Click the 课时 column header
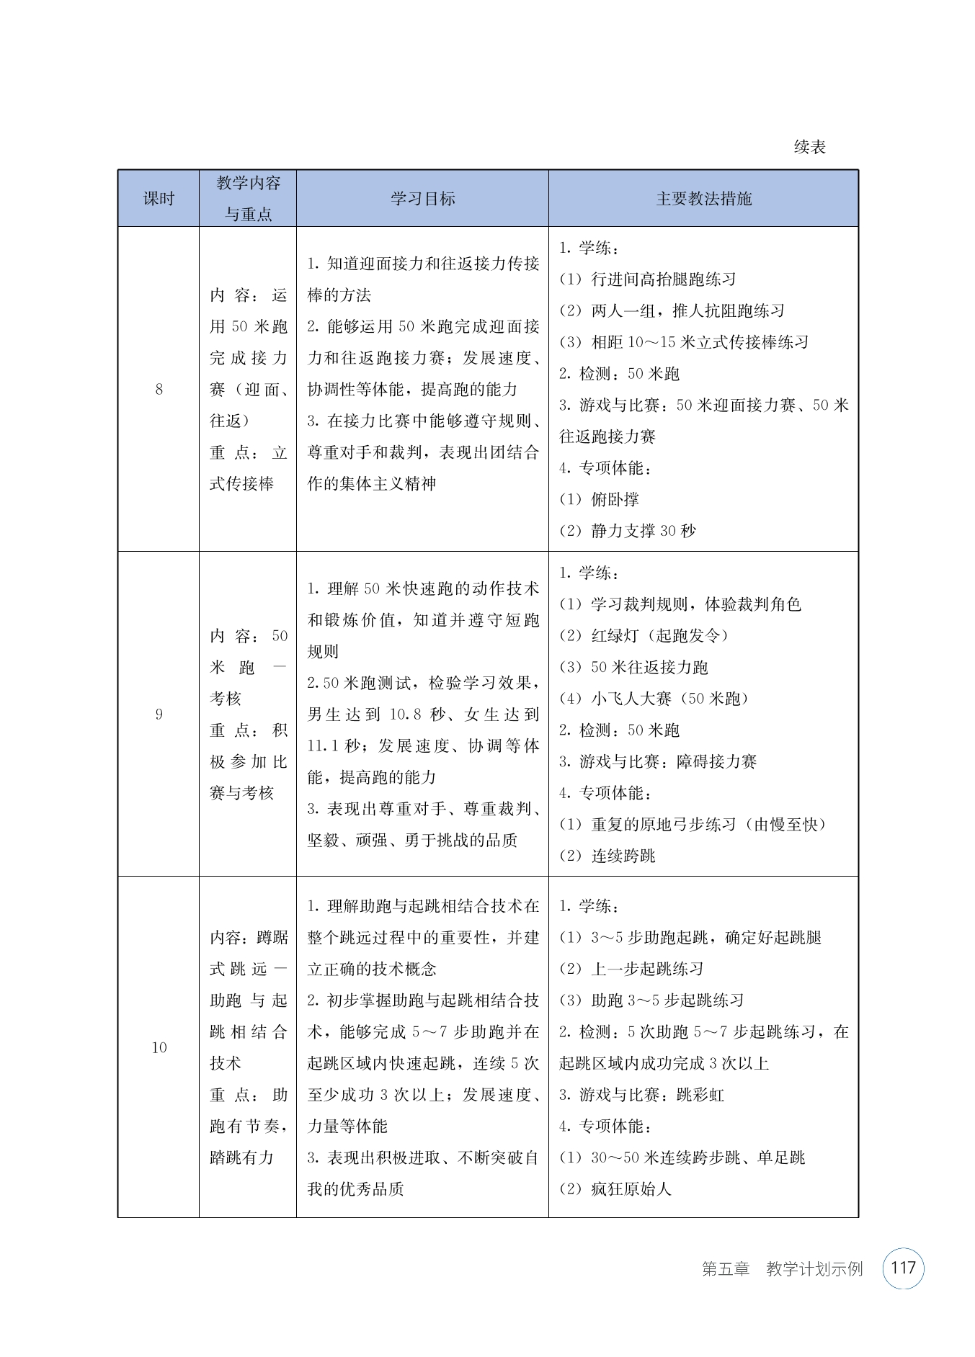pyautogui.click(x=159, y=199)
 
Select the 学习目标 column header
pyautogui.click(x=422, y=199)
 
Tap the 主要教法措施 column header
pyautogui.click(x=703, y=199)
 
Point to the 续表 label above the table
pyautogui.click(x=809, y=148)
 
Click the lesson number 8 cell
pyautogui.click(x=159, y=390)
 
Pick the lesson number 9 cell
pyautogui.click(x=159, y=715)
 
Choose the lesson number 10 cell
pyautogui.click(x=159, y=1047)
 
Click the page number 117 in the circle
pyautogui.click(x=903, y=1268)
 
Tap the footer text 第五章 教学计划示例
pyautogui.click(x=782, y=1269)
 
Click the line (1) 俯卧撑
pyautogui.click(x=600, y=499)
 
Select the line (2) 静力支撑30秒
pyautogui.click(x=628, y=531)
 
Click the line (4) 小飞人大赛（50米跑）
pyautogui.click(x=654, y=698)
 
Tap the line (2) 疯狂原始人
pyautogui.click(x=615, y=1188)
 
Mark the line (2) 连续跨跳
pyautogui.click(x=607, y=856)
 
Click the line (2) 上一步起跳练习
pyautogui.click(x=631, y=969)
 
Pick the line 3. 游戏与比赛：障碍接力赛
pyautogui.click(x=658, y=761)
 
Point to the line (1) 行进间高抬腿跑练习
pyautogui.click(x=648, y=279)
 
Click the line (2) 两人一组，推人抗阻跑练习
pyautogui.click(x=672, y=310)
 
